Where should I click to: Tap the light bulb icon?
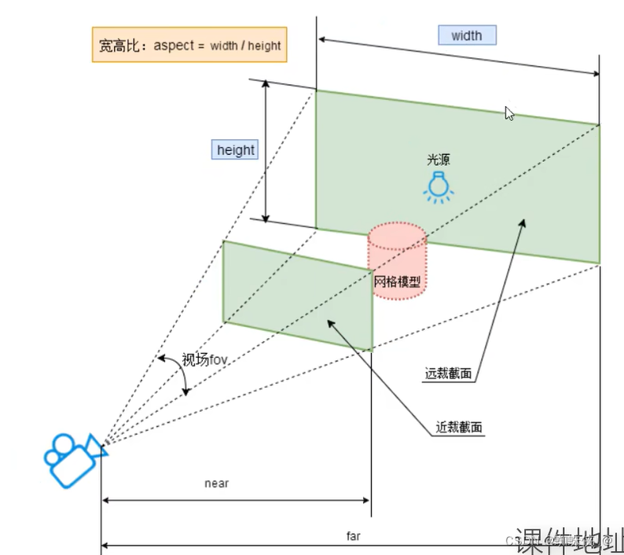pos(439,187)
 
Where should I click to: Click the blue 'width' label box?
pos(467,35)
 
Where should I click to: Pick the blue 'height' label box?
pos(235,149)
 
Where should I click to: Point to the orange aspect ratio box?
pos(189,46)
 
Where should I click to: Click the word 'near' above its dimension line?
pos(216,483)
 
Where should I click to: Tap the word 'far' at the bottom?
pos(354,537)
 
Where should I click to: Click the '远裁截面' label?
pos(448,375)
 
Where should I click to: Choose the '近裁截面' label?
pos(459,428)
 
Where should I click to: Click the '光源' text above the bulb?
pos(439,160)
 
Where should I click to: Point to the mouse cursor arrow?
pos(509,113)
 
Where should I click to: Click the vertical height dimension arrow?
pos(266,149)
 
